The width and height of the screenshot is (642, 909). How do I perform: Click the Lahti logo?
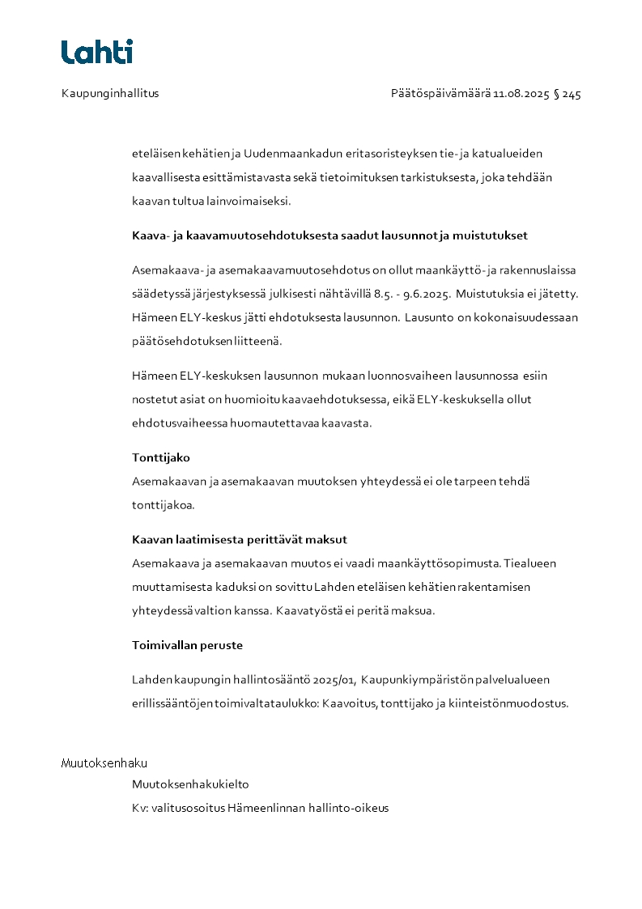click(97, 52)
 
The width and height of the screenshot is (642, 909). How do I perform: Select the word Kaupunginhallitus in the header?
click(110, 93)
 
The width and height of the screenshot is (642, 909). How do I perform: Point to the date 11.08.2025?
click(521, 94)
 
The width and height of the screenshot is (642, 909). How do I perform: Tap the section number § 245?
click(568, 94)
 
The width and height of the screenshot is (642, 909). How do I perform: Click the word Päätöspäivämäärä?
click(440, 94)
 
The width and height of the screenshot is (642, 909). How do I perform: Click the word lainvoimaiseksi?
click(250, 200)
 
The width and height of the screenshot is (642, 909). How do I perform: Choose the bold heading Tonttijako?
click(161, 457)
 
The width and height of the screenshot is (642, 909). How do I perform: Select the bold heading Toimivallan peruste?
click(187, 646)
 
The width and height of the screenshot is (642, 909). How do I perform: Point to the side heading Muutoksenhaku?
click(104, 763)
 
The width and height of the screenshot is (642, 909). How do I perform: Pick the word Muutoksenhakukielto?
click(190, 784)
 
